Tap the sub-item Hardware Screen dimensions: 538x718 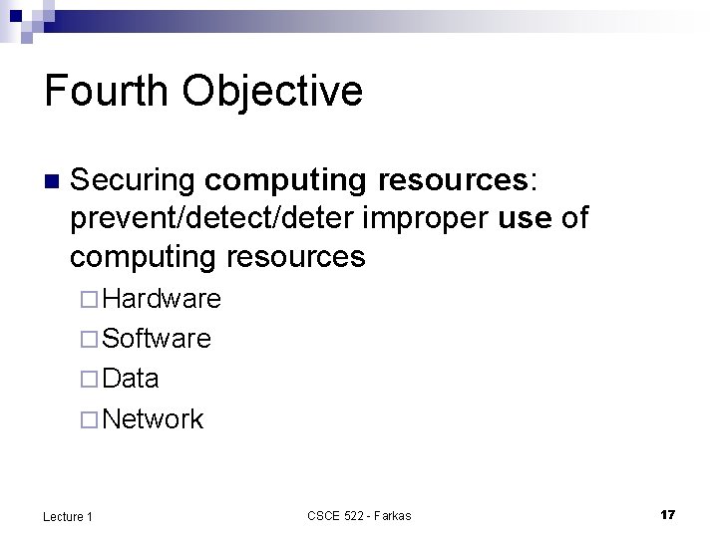coord(162,298)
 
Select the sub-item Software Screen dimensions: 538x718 coord(157,339)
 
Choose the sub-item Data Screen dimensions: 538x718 coord(131,379)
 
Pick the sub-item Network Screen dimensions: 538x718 coord(153,419)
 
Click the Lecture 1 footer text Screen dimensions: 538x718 coord(69,515)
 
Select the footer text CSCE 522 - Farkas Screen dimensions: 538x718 coord(359,515)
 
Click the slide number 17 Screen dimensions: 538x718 coord(667,514)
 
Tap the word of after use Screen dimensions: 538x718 coord(575,219)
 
